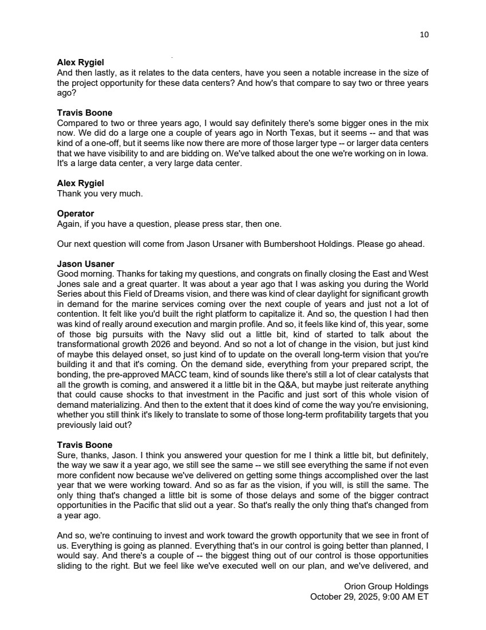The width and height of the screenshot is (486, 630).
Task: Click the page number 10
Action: click(x=424, y=34)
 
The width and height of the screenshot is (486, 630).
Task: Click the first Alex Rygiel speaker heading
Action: click(x=81, y=62)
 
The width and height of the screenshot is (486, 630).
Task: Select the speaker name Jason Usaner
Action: click(x=86, y=264)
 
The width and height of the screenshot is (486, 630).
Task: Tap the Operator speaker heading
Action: click(x=76, y=214)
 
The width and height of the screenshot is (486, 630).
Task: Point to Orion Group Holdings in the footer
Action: click(x=386, y=586)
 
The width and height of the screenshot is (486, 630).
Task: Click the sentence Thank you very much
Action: click(x=100, y=194)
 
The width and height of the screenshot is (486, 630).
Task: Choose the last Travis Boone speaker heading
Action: click(x=85, y=445)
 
